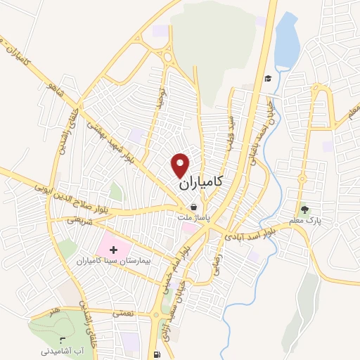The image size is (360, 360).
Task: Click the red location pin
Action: (181, 165)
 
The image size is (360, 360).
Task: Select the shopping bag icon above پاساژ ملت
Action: (193, 207)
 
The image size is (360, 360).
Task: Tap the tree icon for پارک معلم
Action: (304, 209)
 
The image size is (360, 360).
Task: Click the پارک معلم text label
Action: (304, 220)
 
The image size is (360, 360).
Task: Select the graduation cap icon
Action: (268, 78)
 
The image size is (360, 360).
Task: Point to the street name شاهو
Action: (51, 89)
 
